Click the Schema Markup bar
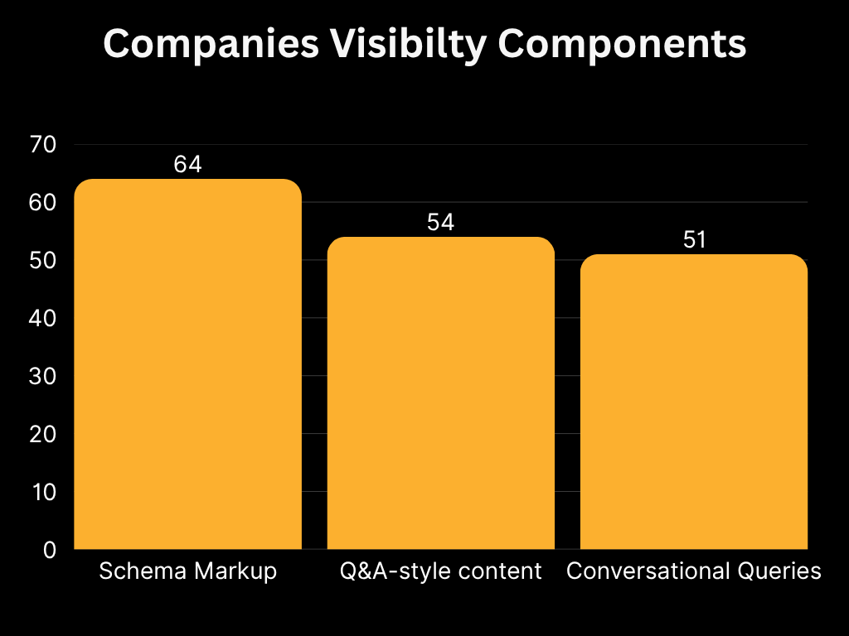coord(187,364)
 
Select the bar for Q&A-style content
coord(440,393)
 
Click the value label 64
coord(187,164)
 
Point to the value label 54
coord(440,222)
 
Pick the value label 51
coord(693,240)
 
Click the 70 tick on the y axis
coord(42,145)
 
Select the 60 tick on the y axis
coord(42,203)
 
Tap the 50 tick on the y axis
coord(42,261)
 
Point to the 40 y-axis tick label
coord(42,318)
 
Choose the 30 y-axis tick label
coord(42,376)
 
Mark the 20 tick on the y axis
coord(42,434)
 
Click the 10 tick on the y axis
coord(42,492)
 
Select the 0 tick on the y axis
coord(49,550)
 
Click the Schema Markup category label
coord(187,571)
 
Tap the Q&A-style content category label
coord(440,571)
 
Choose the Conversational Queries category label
coord(693,571)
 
